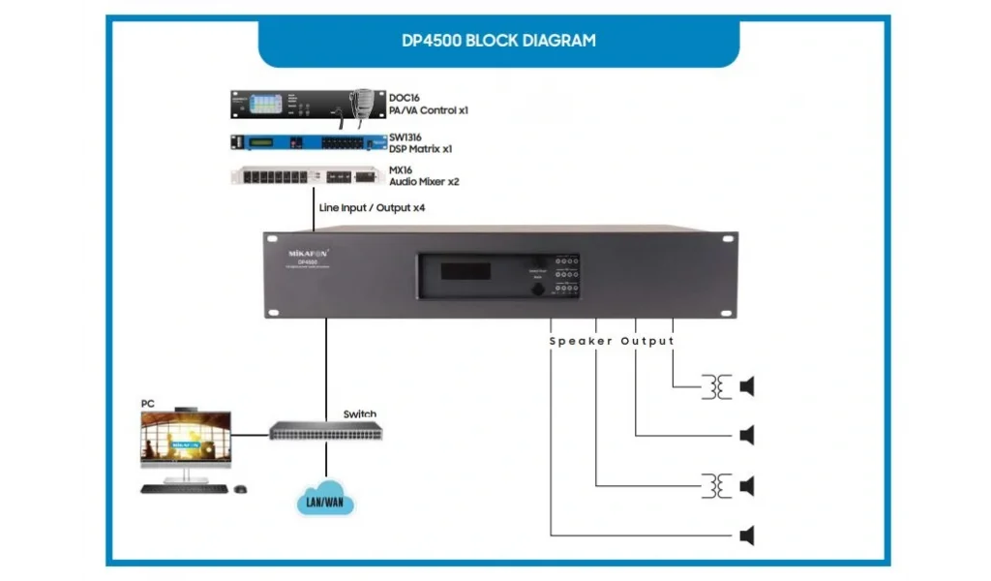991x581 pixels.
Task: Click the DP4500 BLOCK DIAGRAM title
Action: [x=498, y=42]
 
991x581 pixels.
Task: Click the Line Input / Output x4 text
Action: [x=373, y=207]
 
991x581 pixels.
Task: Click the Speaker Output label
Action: [x=612, y=341]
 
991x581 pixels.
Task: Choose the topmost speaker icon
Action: [x=746, y=387]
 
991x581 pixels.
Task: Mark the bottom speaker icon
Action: [x=746, y=535]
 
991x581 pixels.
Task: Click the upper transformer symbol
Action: [x=717, y=387]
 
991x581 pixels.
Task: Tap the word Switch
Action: [x=360, y=414]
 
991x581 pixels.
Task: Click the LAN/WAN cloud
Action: [x=326, y=502]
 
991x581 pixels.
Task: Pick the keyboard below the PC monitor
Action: [x=184, y=488]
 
